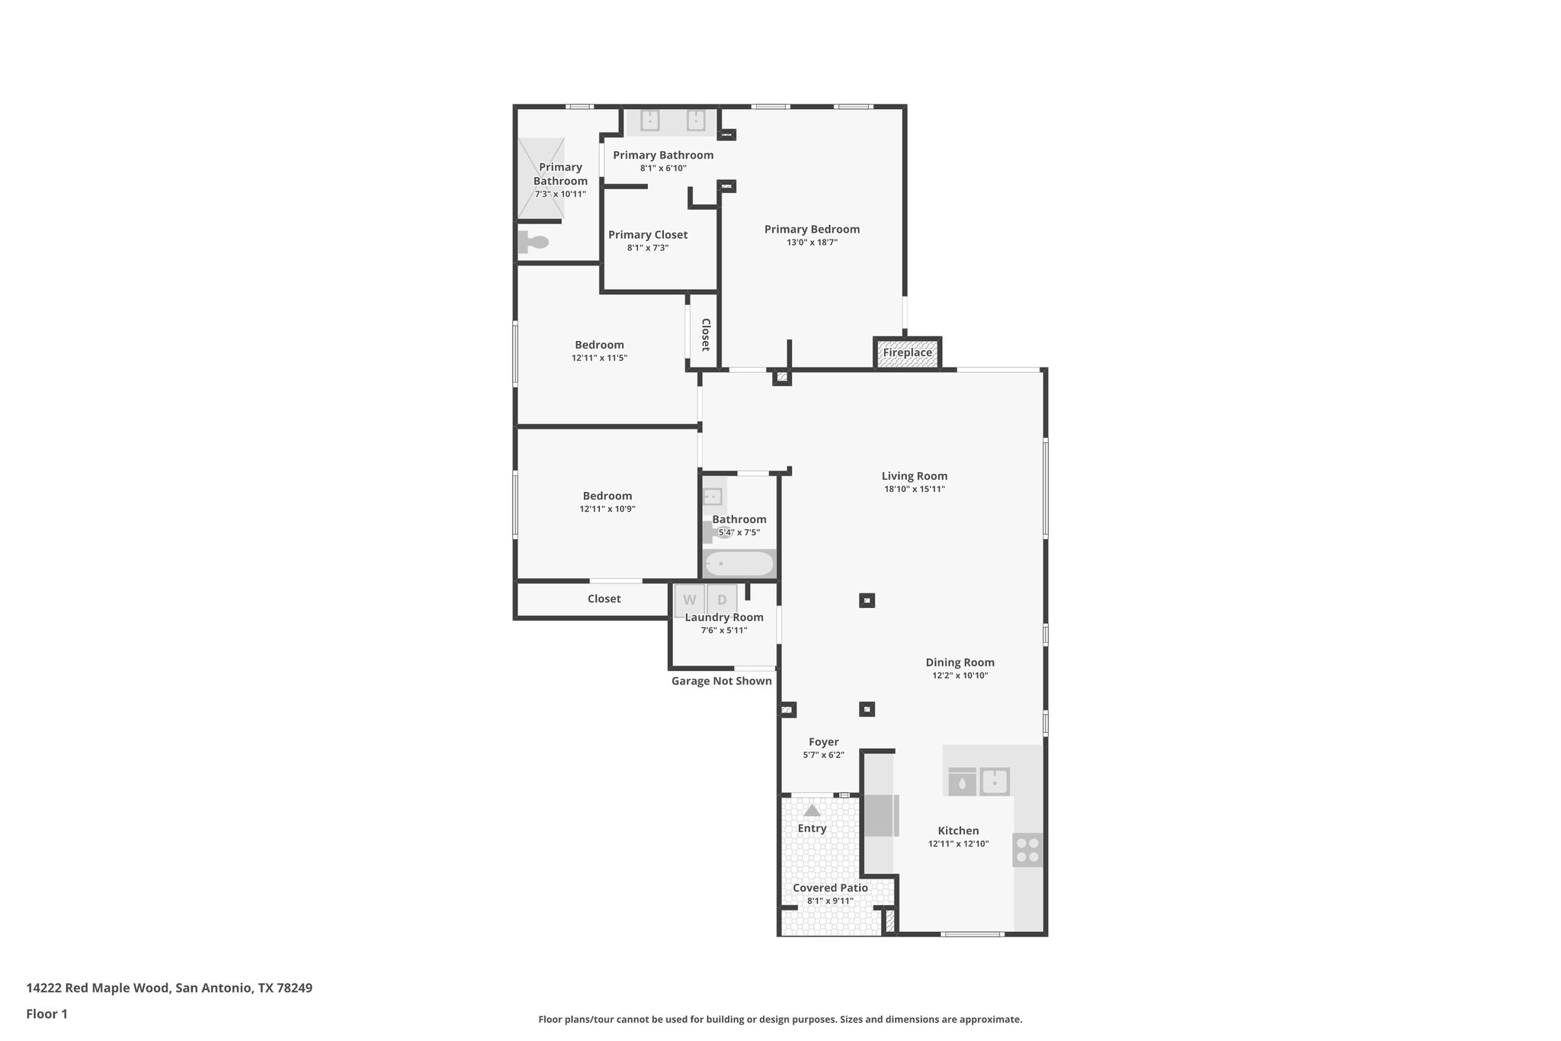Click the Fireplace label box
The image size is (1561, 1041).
907,353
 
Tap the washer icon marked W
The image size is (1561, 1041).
689,599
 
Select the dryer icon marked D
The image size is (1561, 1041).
722,599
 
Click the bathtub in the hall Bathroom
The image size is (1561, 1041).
739,564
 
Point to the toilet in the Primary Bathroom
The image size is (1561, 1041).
534,243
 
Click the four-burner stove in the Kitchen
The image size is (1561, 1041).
1027,850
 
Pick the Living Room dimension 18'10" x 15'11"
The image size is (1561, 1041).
915,490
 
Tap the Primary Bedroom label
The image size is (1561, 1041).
812,230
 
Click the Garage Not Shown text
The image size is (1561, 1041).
721,681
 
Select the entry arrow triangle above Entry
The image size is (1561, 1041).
812,811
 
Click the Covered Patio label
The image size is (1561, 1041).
830,888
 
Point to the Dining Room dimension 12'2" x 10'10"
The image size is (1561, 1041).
960,676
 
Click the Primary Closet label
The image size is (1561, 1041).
648,235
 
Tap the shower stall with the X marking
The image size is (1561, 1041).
541,178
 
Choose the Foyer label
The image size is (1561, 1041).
823,742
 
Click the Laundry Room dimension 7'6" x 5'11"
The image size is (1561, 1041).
724,631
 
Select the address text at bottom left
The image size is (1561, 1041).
169,988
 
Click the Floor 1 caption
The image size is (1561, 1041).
46,1014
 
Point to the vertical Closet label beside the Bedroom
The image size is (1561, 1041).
706,335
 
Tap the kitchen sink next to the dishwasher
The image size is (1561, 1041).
994,782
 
